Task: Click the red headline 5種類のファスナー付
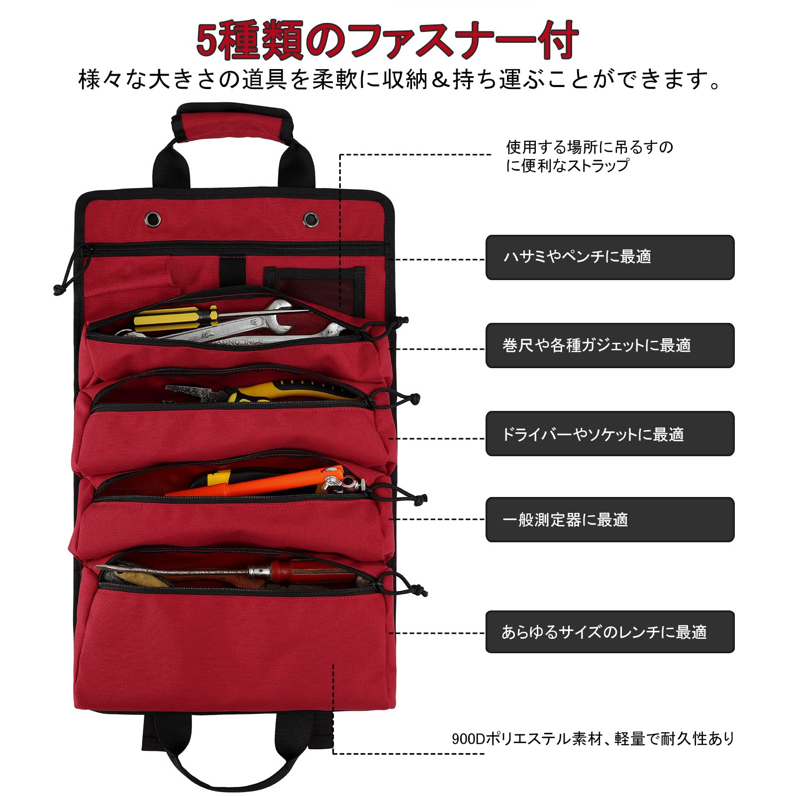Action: (x=387, y=40)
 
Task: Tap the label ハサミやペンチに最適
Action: (x=577, y=257)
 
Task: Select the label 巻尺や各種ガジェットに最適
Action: (x=597, y=345)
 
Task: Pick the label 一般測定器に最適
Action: (x=565, y=520)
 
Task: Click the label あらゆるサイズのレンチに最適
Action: (x=604, y=632)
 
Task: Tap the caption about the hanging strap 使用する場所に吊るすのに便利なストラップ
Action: (x=590, y=156)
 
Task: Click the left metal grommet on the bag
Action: (x=153, y=218)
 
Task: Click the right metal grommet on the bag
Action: (x=311, y=218)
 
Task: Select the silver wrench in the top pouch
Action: (x=234, y=326)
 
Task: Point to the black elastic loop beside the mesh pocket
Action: (x=232, y=271)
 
